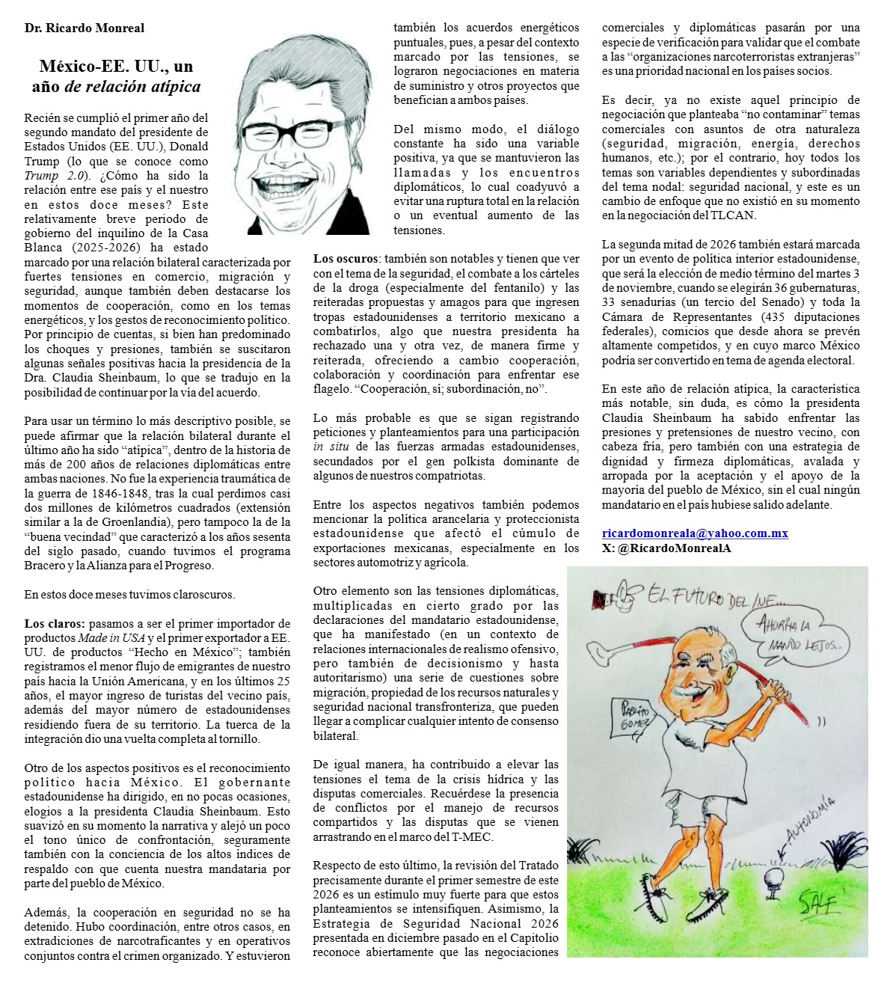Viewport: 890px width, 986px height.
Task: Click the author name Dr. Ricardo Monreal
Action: pos(85,28)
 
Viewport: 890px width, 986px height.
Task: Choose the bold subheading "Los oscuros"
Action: pos(346,259)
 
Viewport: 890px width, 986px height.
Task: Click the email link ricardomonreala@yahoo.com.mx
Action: pos(695,533)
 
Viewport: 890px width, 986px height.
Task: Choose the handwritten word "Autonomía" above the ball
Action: pos(811,822)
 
